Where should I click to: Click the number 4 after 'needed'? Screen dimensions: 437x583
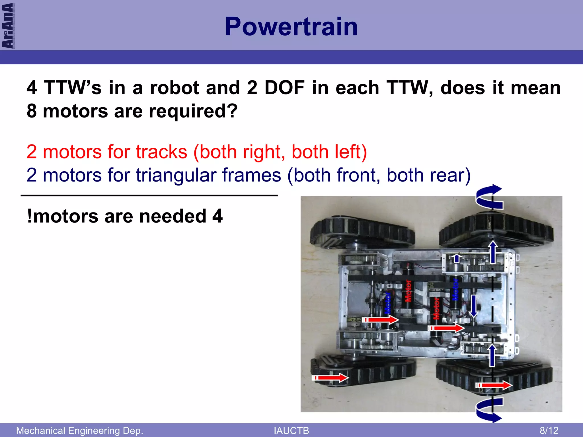[x=217, y=216]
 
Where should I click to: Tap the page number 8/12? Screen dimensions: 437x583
[x=549, y=430]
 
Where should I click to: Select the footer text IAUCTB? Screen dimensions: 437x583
[x=291, y=431]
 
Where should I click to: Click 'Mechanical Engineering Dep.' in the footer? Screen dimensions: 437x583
[x=79, y=430]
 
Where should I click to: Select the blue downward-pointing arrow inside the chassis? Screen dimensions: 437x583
[x=473, y=306]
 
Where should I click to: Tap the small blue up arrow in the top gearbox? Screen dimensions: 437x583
[x=457, y=258]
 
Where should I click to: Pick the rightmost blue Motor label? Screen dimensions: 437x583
[x=455, y=289]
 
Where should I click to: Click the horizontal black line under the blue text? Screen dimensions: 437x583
[x=149, y=195]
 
